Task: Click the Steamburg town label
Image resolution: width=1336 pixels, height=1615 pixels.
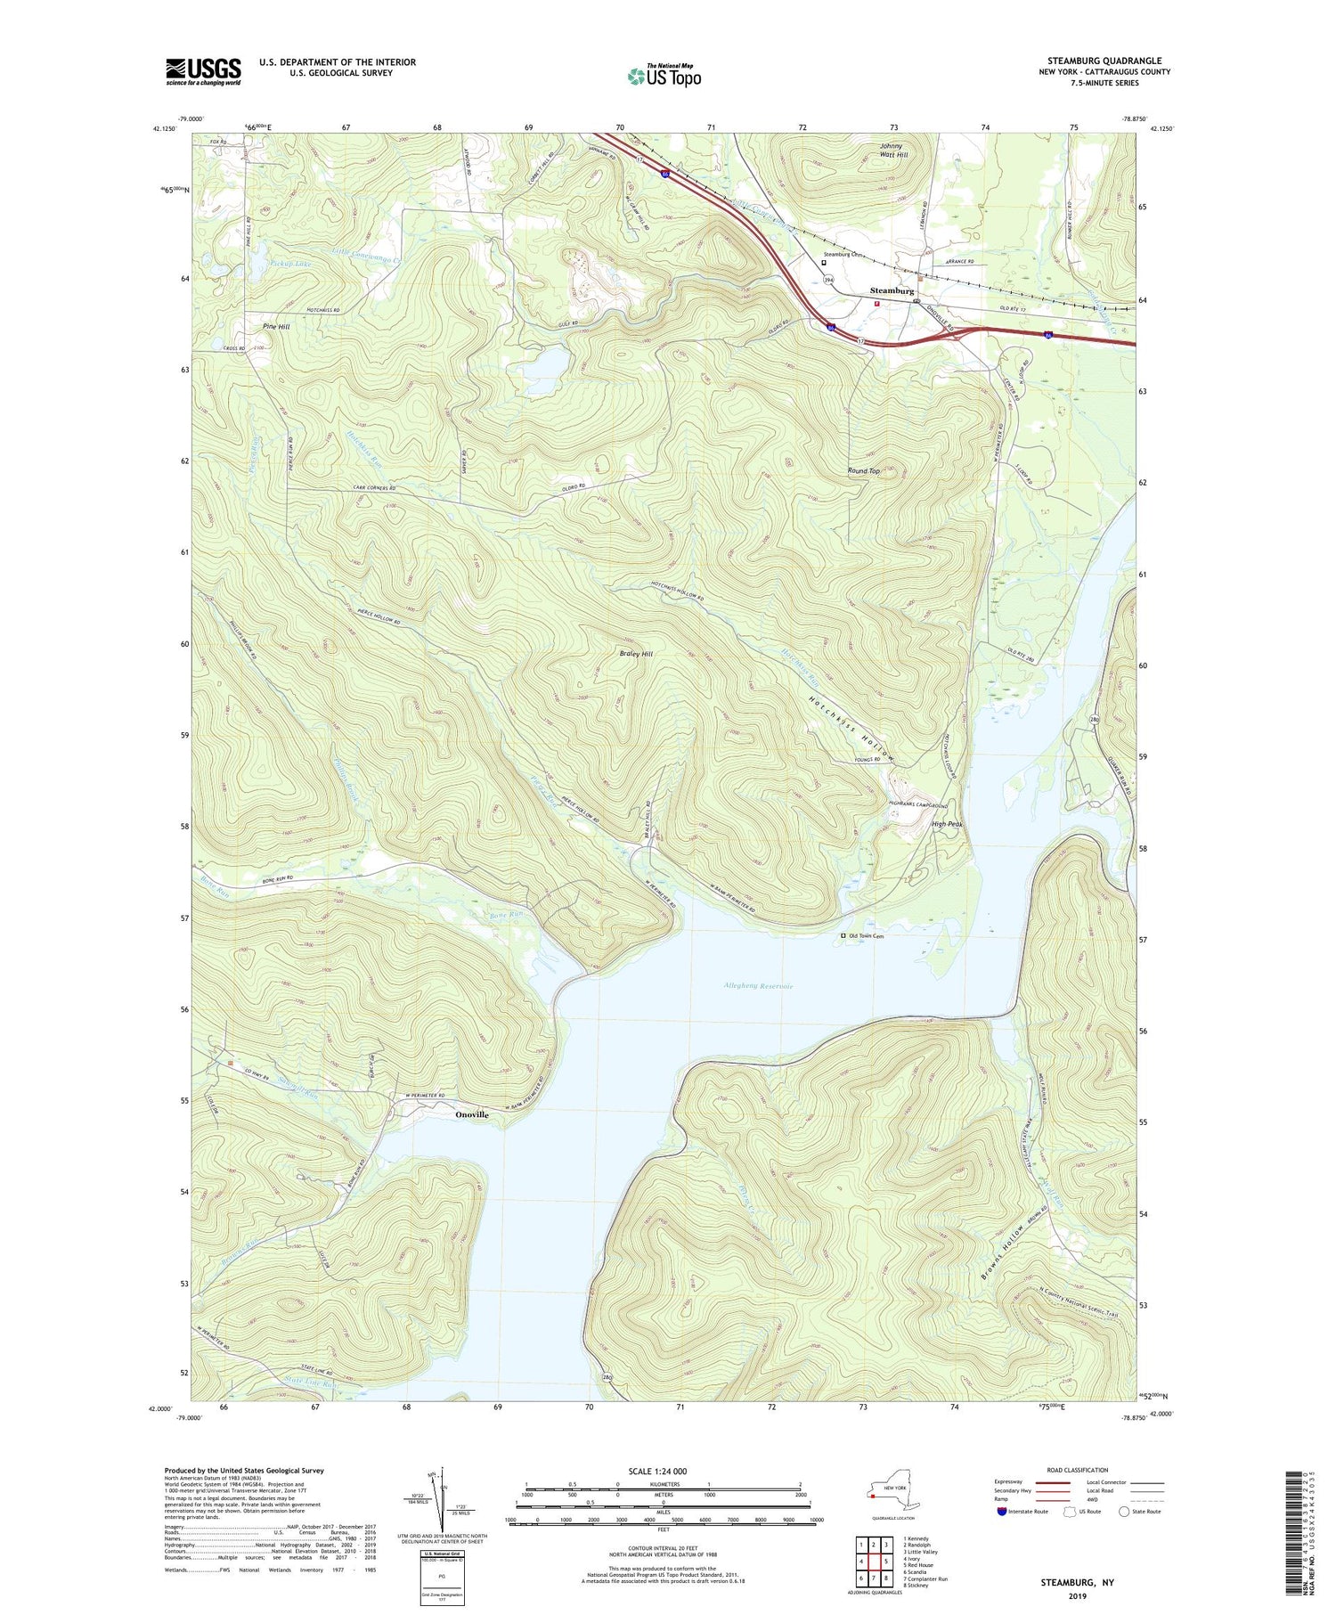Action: click(x=892, y=291)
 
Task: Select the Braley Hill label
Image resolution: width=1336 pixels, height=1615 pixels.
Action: click(x=636, y=654)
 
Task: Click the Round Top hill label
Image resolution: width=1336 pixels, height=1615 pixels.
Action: click(x=863, y=470)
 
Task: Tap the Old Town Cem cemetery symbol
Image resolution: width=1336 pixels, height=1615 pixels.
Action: click(x=844, y=936)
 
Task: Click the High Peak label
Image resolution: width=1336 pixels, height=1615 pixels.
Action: click(x=947, y=824)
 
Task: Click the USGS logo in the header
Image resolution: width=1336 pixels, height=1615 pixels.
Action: click(x=203, y=71)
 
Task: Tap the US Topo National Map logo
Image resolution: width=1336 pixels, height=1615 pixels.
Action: click(x=664, y=76)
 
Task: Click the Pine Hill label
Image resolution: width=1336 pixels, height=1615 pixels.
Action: click(x=276, y=327)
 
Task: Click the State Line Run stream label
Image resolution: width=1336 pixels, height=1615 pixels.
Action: click(x=310, y=1384)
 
